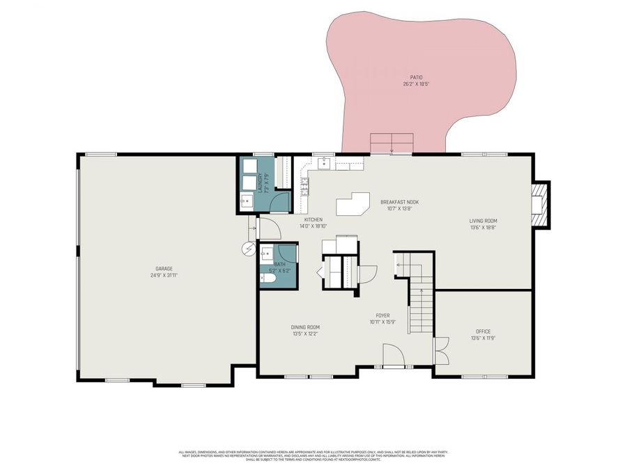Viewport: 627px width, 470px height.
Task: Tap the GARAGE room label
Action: (164, 269)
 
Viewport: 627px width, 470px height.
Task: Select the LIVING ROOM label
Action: (483, 221)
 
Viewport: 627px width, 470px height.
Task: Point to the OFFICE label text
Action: (483, 331)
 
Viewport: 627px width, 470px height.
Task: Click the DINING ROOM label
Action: (305, 327)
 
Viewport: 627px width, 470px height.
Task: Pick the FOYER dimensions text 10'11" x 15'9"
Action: (382, 322)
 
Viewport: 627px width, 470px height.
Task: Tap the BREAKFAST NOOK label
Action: (399, 202)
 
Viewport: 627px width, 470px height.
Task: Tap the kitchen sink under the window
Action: (324, 164)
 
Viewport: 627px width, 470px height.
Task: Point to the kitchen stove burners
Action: (304, 187)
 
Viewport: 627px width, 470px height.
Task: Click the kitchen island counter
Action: (355, 205)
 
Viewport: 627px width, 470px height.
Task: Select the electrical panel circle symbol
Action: (248, 247)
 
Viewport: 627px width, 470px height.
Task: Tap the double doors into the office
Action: (440, 351)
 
